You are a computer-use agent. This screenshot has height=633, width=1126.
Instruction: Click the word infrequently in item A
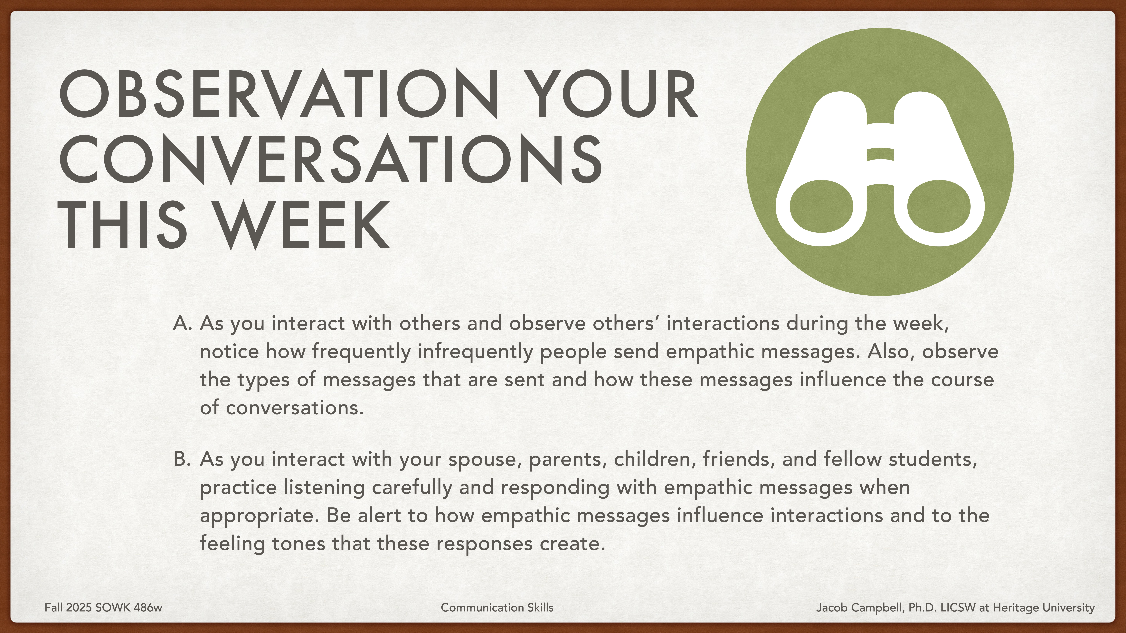coord(475,352)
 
